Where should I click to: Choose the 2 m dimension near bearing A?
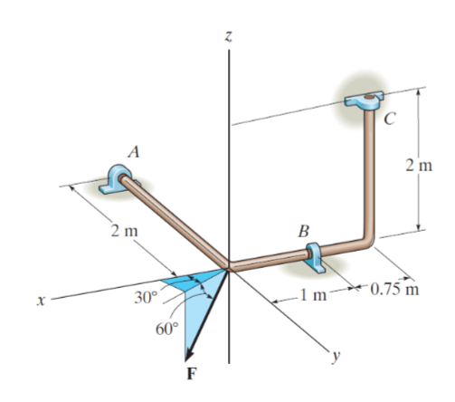(124, 229)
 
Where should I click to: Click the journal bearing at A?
(118, 177)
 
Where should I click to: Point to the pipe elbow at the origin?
(229, 266)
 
